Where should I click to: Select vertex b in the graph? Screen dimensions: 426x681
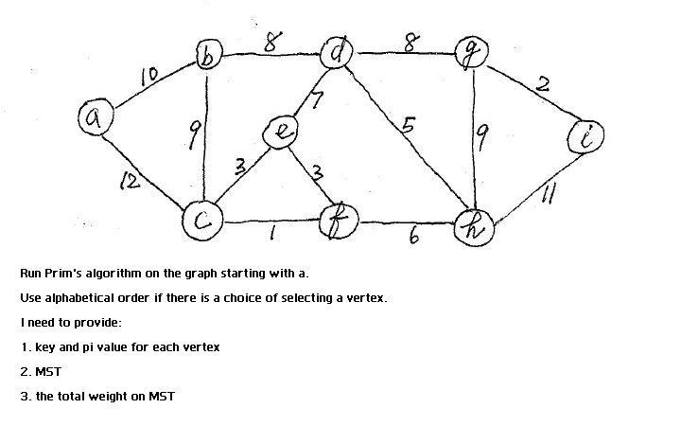click(207, 56)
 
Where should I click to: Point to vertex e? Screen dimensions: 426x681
click(281, 133)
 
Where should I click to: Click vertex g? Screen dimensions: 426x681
click(468, 53)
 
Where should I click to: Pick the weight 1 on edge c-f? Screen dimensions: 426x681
click(272, 232)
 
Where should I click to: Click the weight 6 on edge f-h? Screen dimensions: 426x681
click(413, 238)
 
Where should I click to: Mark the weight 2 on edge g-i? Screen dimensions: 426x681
click(542, 83)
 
